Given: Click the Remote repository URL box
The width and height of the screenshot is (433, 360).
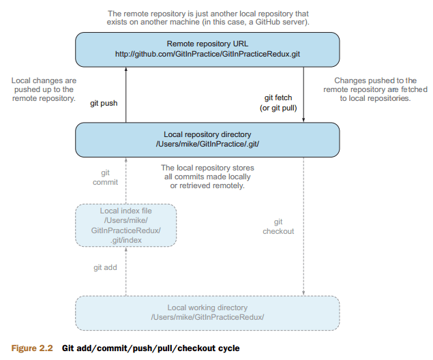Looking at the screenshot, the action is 207,50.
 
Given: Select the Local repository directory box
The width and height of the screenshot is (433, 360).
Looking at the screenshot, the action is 207,140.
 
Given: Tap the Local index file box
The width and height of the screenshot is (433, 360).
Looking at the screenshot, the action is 126,225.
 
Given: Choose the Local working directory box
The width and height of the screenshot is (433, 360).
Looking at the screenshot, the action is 207,313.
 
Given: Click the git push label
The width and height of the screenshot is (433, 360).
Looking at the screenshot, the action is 104,103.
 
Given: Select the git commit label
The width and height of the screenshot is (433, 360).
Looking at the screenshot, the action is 105,177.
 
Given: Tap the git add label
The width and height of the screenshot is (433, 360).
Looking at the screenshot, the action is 105,267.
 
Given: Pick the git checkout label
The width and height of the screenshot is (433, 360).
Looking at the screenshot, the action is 278,226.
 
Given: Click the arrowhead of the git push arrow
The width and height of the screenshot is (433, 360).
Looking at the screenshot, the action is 126,70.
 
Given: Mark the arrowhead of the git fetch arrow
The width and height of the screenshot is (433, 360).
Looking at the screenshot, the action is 303,120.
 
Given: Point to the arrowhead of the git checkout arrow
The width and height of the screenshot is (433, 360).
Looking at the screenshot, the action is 303,293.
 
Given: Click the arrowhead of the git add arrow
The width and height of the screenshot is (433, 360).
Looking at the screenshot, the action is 126,250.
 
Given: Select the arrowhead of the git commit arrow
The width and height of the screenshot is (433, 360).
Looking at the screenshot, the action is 126,160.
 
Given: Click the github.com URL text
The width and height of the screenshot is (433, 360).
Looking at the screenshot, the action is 207,54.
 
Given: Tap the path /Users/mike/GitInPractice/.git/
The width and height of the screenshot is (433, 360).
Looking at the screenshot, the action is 207,144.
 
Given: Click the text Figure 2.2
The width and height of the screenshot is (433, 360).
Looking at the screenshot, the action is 32,348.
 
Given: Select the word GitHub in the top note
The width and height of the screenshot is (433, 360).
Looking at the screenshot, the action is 267,22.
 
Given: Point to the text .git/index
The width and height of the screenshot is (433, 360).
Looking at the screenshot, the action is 126,240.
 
